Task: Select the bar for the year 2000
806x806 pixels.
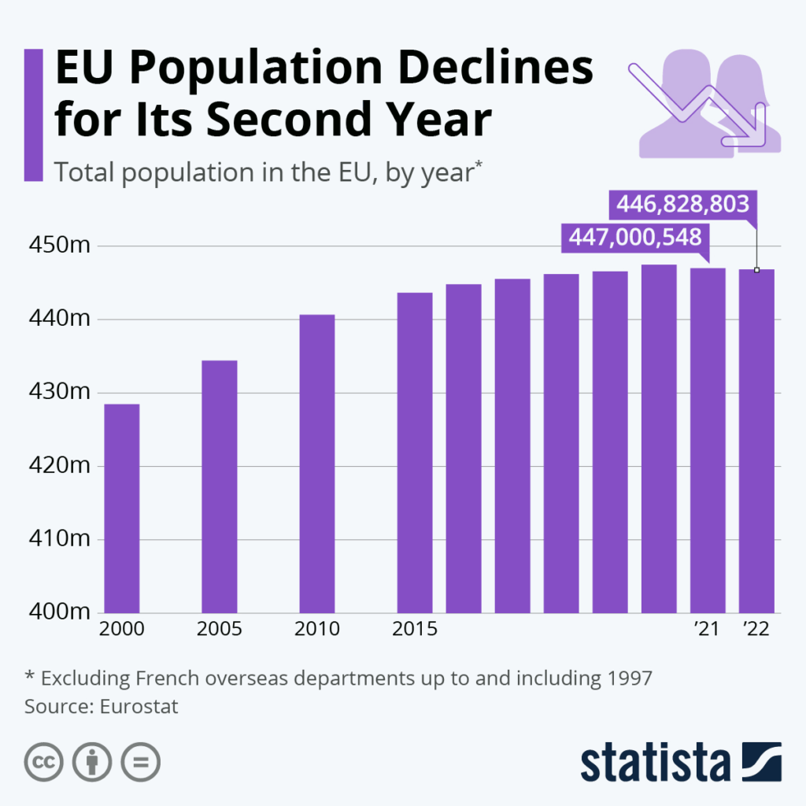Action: point(121,508)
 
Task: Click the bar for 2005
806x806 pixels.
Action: point(219,486)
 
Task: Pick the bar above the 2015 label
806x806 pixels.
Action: point(414,452)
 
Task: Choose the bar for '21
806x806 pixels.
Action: point(708,440)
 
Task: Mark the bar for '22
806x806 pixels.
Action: point(756,441)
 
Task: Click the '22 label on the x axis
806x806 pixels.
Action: point(756,630)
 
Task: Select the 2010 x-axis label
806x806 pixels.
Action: point(316,630)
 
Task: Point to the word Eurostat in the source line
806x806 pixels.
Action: point(139,706)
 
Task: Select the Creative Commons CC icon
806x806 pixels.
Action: point(44,762)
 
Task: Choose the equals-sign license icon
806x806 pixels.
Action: point(140,762)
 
